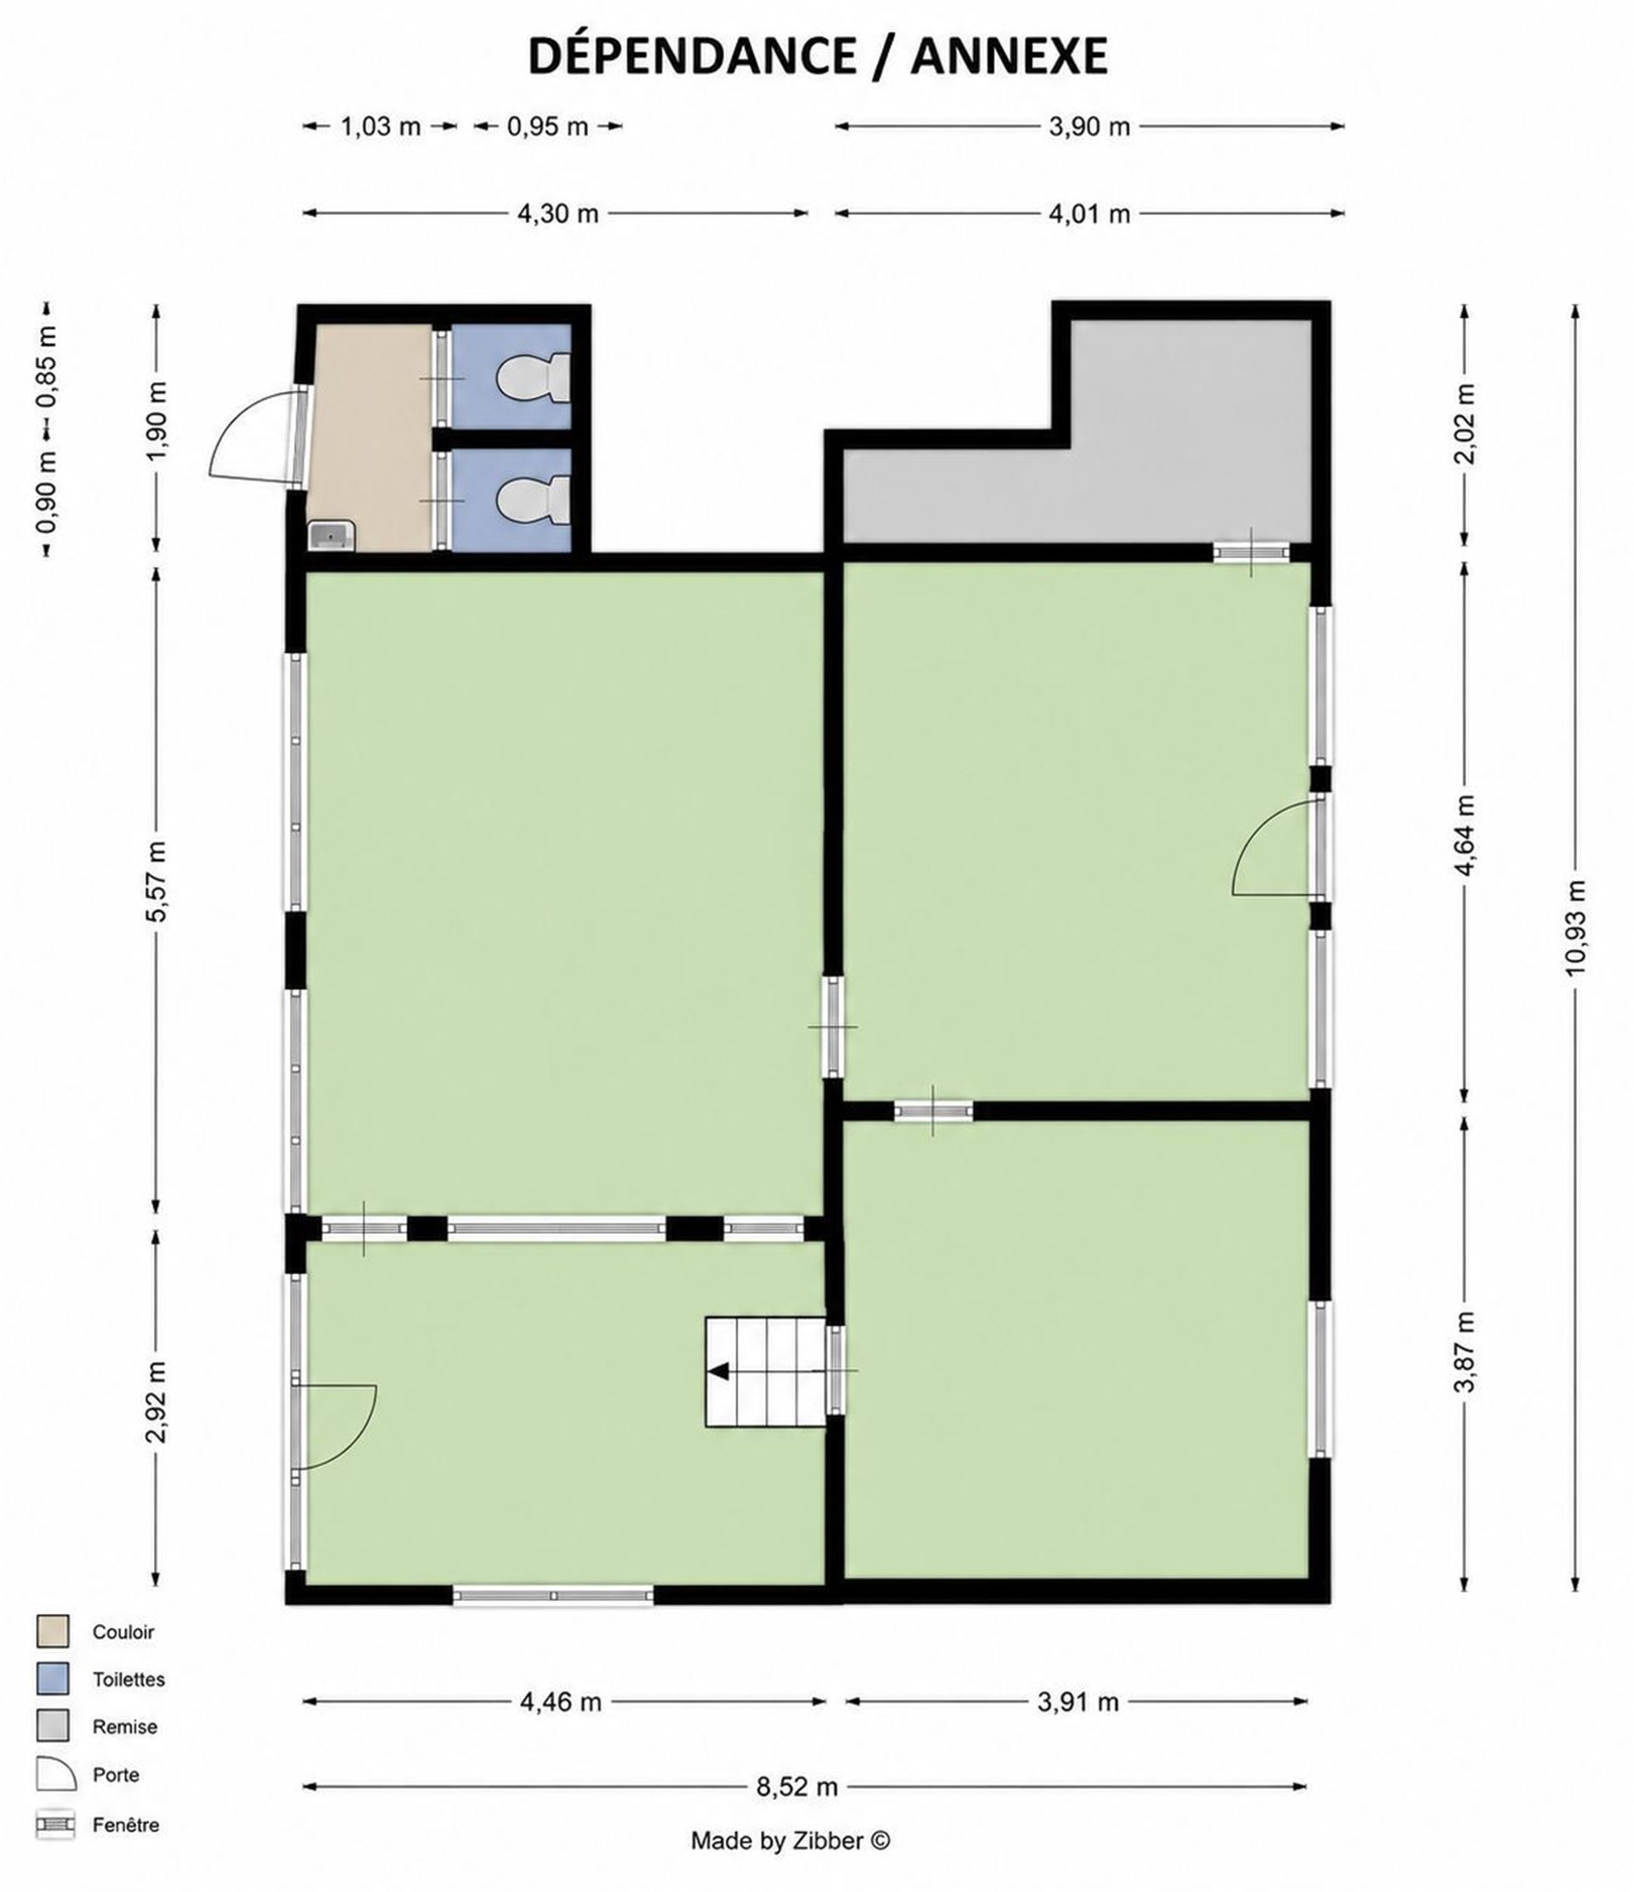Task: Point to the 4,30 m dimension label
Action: click(558, 214)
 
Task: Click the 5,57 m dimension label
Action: click(157, 882)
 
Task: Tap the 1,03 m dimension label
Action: click(381, 126)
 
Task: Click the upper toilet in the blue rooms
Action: click(535, 377)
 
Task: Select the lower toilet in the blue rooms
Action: click(535, 500)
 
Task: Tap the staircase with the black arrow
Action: click(765, 1371)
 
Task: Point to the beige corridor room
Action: click(369, 437)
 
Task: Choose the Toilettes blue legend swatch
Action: click(53, 1679)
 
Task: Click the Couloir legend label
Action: click(123, 1632)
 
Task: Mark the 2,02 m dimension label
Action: click(1465, 424)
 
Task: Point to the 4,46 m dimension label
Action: click(561, 1702)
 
